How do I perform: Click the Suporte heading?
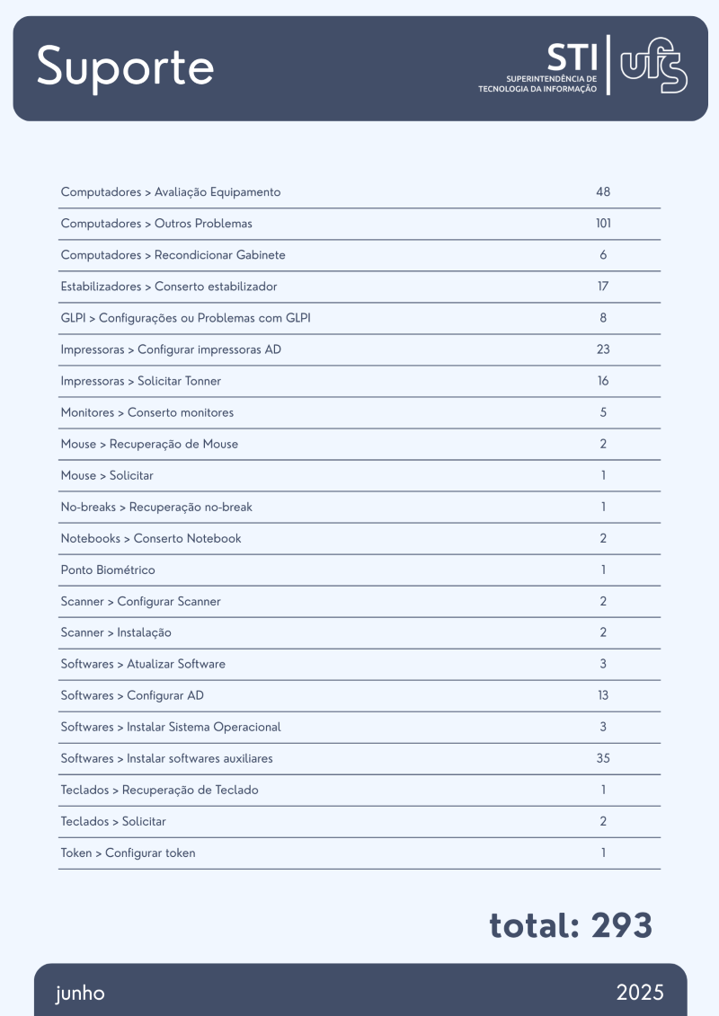[125, 67]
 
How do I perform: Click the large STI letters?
[572, 57]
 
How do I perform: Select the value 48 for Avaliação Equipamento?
[603, 192]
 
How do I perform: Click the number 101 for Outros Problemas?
[603, 224]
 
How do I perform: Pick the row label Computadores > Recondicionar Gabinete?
[173, 255]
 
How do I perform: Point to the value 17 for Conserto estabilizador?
[603, 287]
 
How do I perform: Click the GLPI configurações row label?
[186, 318]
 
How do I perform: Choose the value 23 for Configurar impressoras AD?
[603, 349]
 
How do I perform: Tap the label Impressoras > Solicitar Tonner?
[140, 381]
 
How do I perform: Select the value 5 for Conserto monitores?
[603, 412]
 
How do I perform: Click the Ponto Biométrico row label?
[108, 570]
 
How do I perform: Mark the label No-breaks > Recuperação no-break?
[156, 507]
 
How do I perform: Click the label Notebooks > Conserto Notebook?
[151, 538]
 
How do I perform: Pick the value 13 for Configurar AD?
[603, 695]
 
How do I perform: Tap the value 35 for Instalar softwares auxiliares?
[603, 758]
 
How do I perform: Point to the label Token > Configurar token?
[128, 853]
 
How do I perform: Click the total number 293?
[622, 925]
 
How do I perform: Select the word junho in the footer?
[80, 993]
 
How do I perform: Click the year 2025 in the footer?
[640, 993]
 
